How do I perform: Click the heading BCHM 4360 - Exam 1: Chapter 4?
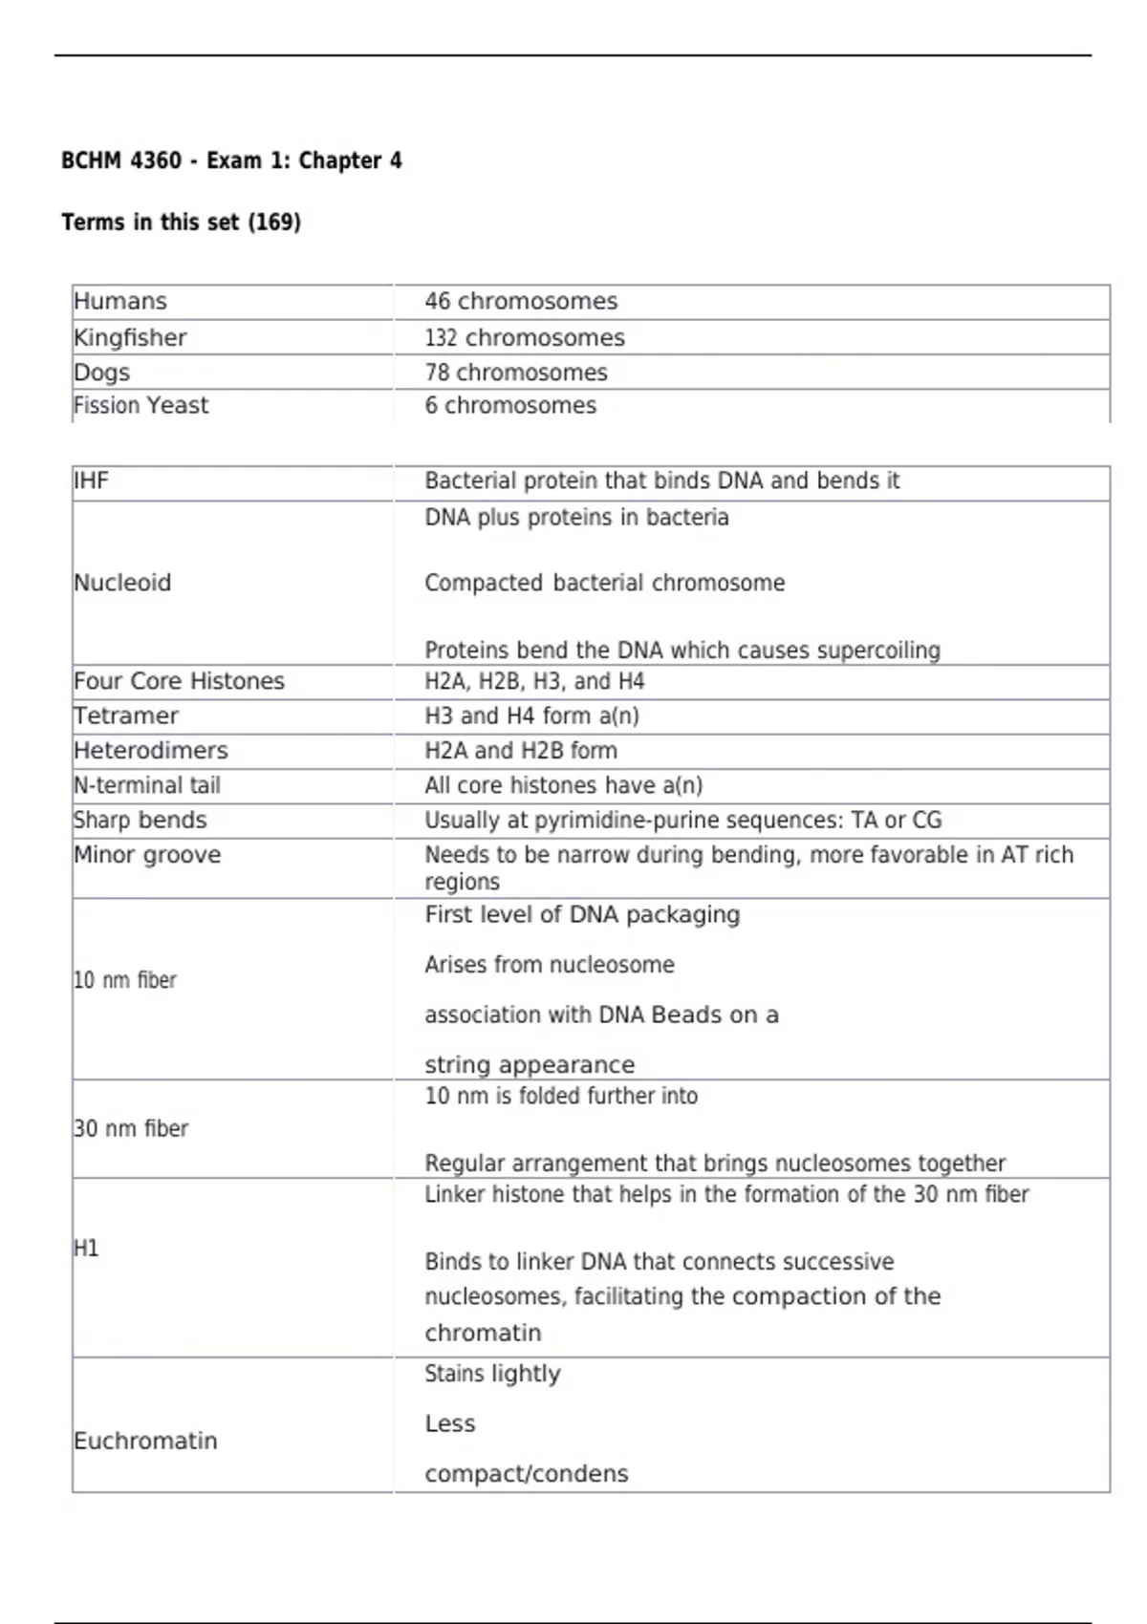coord(231,160)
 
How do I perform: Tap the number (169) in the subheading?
coord(274,223)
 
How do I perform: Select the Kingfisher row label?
coord(130,338)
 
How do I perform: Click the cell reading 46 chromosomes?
coord(521,302)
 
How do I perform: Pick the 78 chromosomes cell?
coord(516,373)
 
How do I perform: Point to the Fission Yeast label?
coord(141,406)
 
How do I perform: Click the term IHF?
coord(91,481)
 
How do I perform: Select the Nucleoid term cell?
coord(122,583)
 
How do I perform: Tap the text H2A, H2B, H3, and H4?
coord(534,682)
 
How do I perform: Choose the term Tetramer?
coord(126,716)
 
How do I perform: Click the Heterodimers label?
coord(151,751)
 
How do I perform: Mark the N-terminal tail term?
coord(147,785)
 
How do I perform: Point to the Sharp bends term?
coord(141,821)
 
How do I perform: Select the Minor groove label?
coord(147,855)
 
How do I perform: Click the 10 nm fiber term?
coord(125,981)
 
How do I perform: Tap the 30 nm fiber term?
coord(131,1129)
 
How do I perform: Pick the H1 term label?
coord(86,1249)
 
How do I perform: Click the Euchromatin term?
coord(145,1441)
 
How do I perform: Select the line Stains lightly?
coord(492,1374)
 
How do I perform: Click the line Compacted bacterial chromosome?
coord(604,583)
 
